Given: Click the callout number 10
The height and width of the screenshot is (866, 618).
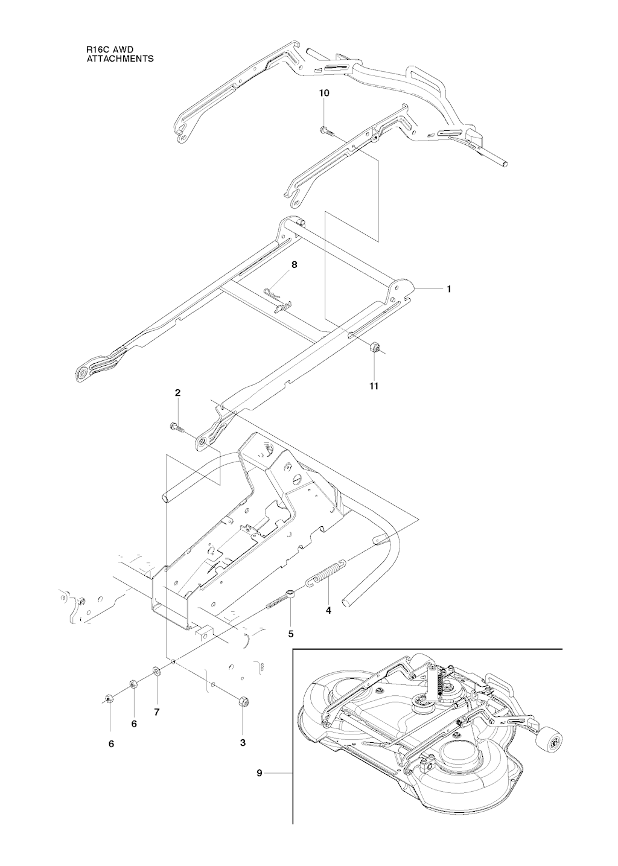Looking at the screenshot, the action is coord(325,93).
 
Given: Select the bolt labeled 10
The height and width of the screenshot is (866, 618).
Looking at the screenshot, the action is coord(327,131).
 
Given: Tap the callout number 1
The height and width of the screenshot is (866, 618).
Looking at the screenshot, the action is coord(449,289).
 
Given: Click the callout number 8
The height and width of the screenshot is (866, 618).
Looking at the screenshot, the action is coord(295,265).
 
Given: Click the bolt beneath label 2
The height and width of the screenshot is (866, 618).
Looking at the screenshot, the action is coord(176,427).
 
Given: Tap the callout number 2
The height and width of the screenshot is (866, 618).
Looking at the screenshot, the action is coord(177,393).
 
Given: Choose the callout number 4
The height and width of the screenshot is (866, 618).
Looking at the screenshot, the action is coord(328,610).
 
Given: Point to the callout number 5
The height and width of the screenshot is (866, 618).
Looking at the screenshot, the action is coord(291,634).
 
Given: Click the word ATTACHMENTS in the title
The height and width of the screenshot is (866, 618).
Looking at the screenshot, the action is coord(120,59).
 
